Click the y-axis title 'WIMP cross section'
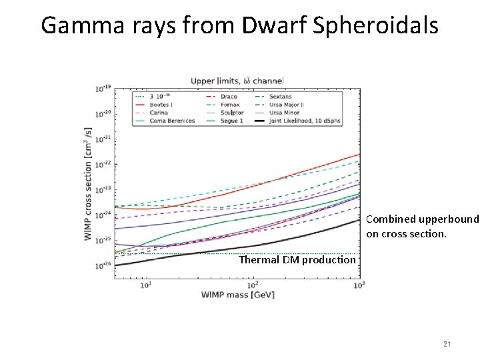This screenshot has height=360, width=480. tap(88, 183)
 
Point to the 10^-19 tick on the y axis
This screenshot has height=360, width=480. tap(103, 88)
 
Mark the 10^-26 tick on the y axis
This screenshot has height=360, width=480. tap(103, 265)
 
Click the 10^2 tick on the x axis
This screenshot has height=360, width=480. tap(253, 285)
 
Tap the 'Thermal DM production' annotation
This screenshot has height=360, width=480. tap(297, 260)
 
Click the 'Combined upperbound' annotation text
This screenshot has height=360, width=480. tap(422, 219)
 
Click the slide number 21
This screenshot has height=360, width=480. tap(447, 344)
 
